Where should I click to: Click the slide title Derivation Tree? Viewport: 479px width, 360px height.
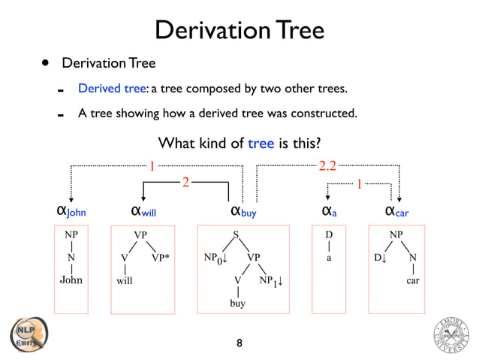tap(239, 30)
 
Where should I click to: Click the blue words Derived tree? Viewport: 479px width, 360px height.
tap(113, 89)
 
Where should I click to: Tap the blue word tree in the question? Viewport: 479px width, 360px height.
tap(261, 143)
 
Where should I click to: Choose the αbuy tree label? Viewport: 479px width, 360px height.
tap(243, 210)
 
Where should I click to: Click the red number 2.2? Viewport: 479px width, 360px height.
tap(328, 165)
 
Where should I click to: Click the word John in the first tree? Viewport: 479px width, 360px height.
tap(71, 280)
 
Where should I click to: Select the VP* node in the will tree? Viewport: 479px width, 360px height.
tap(160, 258)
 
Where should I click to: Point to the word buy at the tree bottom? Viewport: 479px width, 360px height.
tap(237, 304)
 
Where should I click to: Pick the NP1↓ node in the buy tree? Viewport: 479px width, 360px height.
tap(269, 281)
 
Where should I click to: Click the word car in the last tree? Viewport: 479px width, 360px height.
tap(412, 280)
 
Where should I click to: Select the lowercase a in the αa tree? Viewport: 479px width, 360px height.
tap(328, 258)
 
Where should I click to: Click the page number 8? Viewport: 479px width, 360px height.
tap(239, 343)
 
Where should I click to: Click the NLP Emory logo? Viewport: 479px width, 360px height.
tap(27, 334)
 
